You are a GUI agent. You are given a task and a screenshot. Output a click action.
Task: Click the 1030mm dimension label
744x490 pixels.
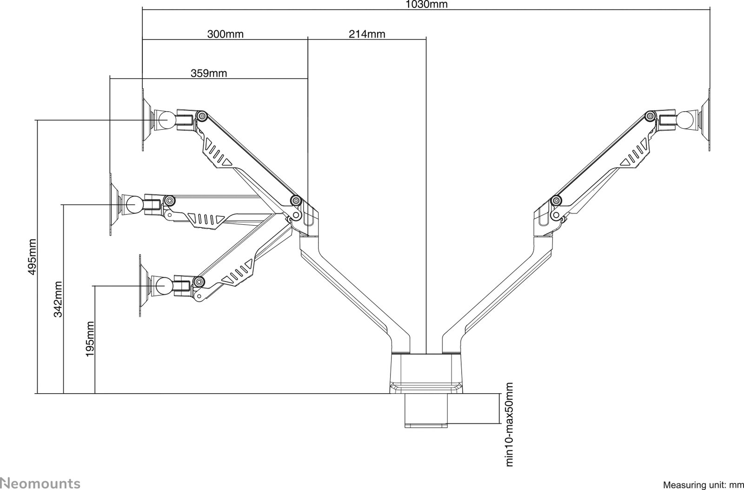pyautogui.click(x=426, y=4)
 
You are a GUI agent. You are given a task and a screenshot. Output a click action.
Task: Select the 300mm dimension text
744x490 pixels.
pyautogui.click(x=225, y=34)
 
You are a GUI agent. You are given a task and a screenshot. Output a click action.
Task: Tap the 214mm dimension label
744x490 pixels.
pyautogui.click(x=367, y=34)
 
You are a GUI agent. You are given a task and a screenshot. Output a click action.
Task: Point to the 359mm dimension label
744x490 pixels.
pyautogui.click(x=209, y=73)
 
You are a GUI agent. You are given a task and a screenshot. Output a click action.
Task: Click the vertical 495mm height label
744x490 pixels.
pyautogui.click(x=32, y=257)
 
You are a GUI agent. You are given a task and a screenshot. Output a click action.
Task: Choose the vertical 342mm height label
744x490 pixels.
pyautogui.click(x=58, y=299)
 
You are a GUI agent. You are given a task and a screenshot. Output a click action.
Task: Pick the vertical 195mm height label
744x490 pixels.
pyautogui.click(x=90, y=339)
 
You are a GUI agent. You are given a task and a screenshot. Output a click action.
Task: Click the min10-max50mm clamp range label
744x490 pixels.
pyautogui.click(x=509, y=424)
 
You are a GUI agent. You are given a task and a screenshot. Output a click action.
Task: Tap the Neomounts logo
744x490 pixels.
pyautogui.click(x=40, y=483)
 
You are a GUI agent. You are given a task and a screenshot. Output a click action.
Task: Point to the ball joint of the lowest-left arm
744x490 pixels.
pyautogui.click(x=164, y=286)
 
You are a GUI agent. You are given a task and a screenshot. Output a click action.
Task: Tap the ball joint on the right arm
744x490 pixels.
pyautogui.click(x=685, y=120)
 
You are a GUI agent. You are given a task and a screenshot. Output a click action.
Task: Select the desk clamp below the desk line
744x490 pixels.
pyautogui.click(x=426, y=410)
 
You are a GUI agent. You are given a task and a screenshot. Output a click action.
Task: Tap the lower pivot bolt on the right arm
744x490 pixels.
pyautogui.click(x=555, y=201)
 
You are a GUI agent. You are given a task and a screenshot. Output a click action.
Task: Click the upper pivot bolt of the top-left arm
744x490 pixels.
pyautogui.click(x=202, y=116)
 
